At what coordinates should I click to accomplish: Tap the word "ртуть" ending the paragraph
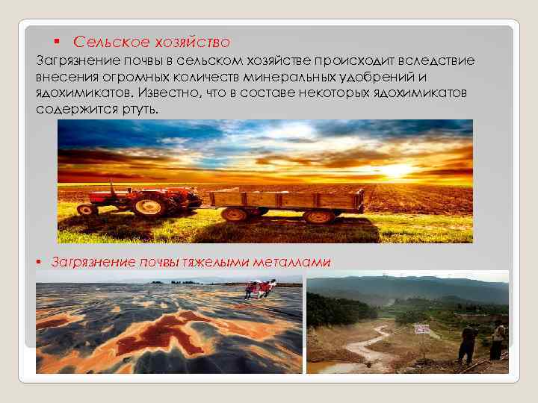click(142, 109)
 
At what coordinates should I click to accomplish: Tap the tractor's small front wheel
click(87, 210)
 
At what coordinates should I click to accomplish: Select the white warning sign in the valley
click(421, 328)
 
